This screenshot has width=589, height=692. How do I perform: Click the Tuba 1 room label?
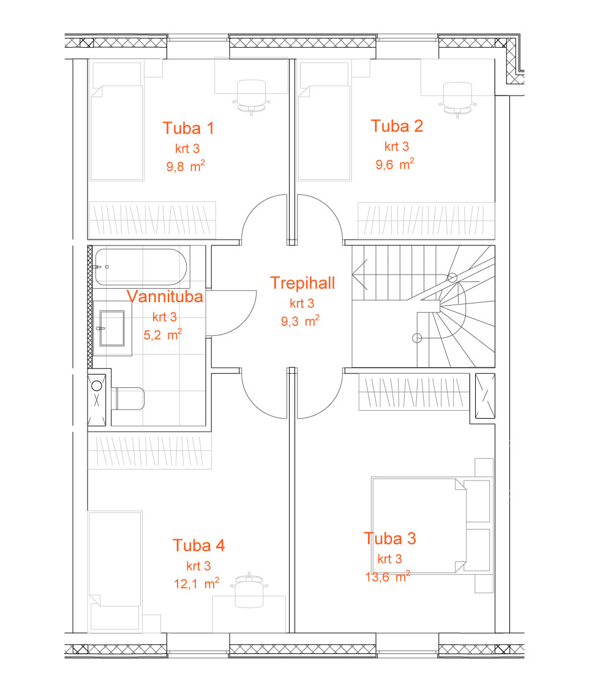(x=188, y=129)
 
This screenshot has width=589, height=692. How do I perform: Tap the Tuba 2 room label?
(x=397, y=126)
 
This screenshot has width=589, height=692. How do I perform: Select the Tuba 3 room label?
(x=390, y=539)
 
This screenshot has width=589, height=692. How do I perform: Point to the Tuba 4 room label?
(x=198, y=546)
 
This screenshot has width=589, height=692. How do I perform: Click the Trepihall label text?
(x=302, y=283)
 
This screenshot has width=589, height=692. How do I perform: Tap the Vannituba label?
(x=165, y=297)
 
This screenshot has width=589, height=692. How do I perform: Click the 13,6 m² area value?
(x=388, y=576)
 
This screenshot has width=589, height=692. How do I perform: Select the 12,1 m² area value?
(x=196, y=584)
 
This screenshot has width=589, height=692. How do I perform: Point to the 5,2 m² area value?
(x=163, y=335)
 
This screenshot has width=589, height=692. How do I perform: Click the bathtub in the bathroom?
(x=141, y=267)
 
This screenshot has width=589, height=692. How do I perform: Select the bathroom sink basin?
(x=113, y=328)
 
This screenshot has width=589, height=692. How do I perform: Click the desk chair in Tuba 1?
(x=251, y=97)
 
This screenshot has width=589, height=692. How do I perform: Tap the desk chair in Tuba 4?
(x=250, y=590)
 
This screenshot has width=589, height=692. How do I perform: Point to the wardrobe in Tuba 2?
(x=426, y=221)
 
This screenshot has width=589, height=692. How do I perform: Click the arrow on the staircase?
(x=360, y=275)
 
